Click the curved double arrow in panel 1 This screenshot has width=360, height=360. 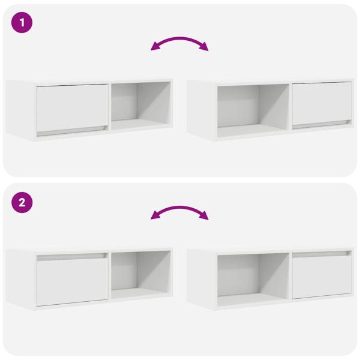(179, 41)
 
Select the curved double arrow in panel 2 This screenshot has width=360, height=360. (179, 211)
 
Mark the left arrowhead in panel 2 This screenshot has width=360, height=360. (155, 218)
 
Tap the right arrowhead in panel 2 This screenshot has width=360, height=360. (204, 218)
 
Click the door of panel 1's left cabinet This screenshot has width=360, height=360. (73, 107)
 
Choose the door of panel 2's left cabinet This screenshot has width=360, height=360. (73, 281)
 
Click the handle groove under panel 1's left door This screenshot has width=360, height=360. (73, 130)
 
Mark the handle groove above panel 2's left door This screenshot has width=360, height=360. (73, 256)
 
